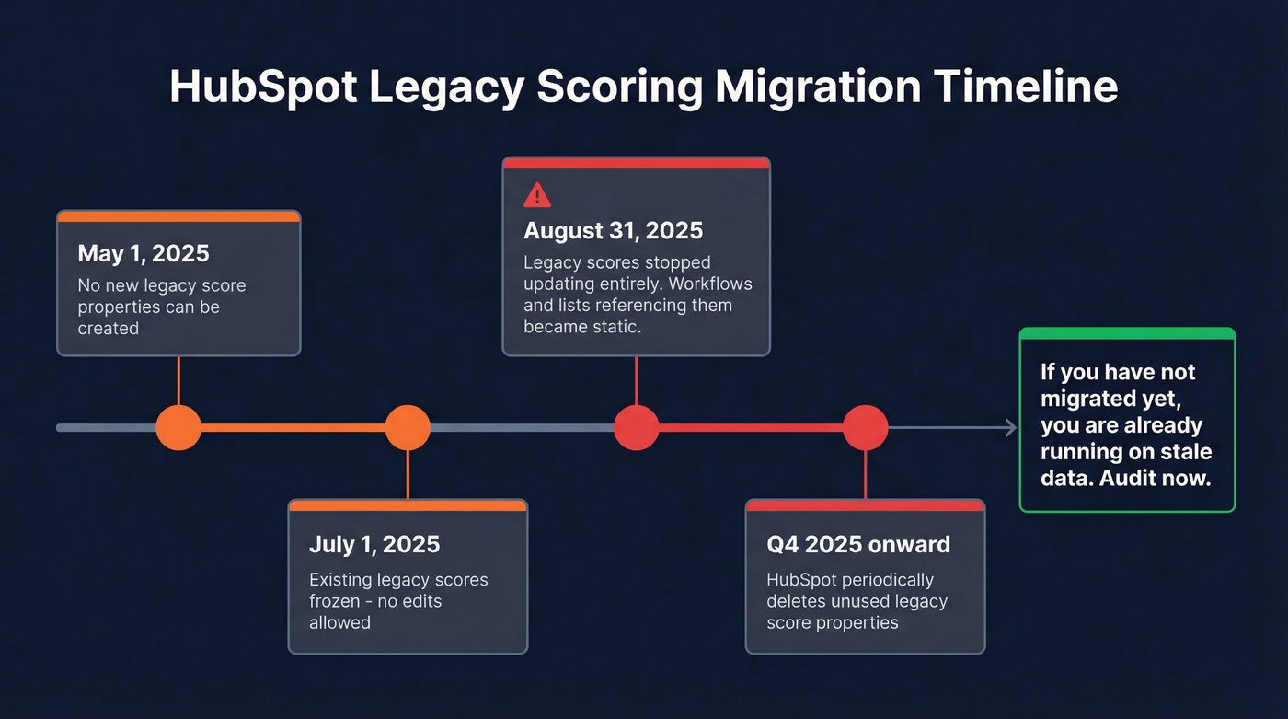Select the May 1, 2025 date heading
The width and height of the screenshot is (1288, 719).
coord(144,253)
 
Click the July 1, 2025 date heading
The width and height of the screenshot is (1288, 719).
coord(374,544)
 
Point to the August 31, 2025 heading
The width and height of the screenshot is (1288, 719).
coord(613,230)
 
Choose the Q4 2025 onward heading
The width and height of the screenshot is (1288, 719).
coord(857,544)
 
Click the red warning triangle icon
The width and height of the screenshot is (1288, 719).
coord(536,195)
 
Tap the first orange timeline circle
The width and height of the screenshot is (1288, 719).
coord(178,427)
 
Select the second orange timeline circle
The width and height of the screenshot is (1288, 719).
coord(407,427)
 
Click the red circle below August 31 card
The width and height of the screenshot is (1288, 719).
coord(636,427)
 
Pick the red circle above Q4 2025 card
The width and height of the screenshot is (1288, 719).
coord(865,427)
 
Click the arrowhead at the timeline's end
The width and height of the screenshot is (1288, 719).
coord(1010,427)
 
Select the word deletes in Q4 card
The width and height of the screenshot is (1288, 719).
coord(797,601)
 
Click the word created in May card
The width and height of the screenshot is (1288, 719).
coord(108,328)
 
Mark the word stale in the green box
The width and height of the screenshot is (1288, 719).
coord(1187,452)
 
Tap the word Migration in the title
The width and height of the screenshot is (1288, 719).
coord(817,87)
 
